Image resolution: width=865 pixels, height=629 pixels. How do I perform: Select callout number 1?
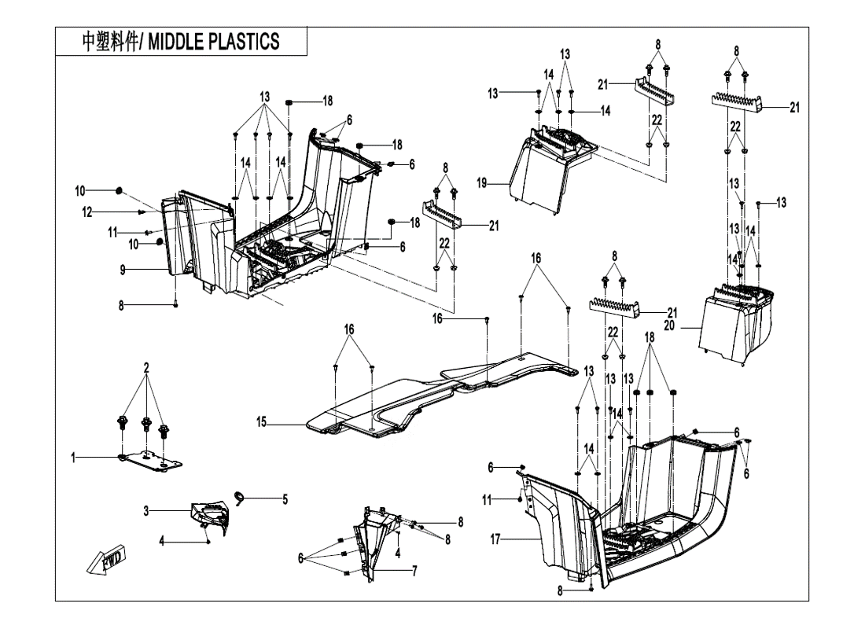click(x=75, y=458)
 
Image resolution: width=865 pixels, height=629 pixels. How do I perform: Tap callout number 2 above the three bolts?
click(x=146, y=367)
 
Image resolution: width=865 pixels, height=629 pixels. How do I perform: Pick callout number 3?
click(x=145, y=511)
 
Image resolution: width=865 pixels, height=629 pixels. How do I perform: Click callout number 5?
click(x=285, y=498)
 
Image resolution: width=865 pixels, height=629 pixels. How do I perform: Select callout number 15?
click(x=261, y=423)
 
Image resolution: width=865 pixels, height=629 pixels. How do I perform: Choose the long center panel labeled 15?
click(x=440, y=389)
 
